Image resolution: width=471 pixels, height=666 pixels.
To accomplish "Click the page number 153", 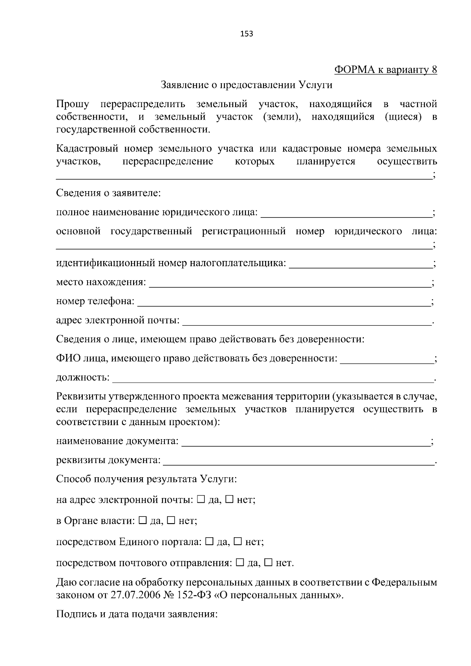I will [246, 34].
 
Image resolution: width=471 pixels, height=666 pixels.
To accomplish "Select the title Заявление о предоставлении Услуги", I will [246, 85].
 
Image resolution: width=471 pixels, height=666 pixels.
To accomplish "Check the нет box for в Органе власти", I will [171, 521].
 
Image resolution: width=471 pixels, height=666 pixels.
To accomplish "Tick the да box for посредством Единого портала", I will [209, 542].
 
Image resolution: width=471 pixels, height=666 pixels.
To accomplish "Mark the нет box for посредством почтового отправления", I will [268, 563].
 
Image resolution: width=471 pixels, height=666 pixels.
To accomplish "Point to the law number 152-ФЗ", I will [191, 595].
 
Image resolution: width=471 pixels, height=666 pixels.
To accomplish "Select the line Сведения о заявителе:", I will [108, 193].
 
